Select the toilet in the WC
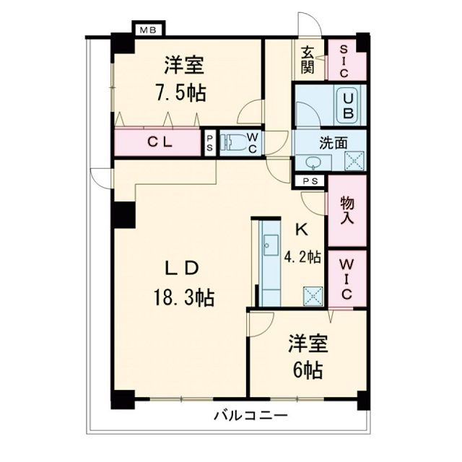click(234, 142)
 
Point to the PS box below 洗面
click(311, 181)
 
